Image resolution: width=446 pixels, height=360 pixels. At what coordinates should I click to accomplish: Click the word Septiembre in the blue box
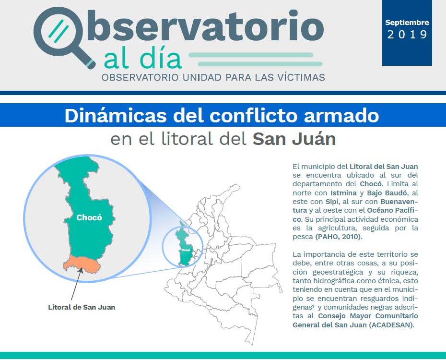click(407, 23)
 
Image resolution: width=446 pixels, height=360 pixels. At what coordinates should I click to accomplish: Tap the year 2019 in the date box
click(407, 35)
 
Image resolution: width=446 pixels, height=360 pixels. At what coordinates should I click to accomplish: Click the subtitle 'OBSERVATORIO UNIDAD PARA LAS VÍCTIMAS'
click(213, 77)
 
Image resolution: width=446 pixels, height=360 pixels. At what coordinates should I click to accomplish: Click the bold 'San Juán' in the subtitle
click(294, 139)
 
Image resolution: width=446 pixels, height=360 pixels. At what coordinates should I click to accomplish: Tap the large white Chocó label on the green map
click(89, 218)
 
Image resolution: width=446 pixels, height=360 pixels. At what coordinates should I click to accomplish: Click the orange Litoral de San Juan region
click(82, 264)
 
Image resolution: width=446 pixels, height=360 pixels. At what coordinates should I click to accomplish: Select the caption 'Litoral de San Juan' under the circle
click(82, 307)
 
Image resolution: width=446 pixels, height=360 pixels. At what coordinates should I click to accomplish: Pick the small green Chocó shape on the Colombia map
click(184, 245)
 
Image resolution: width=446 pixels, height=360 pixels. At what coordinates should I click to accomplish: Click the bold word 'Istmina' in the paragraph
click(343, 193)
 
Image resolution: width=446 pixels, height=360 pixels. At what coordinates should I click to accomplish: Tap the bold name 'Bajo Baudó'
click(387, 193)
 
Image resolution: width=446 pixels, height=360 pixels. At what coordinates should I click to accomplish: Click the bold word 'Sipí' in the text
click(332, 202)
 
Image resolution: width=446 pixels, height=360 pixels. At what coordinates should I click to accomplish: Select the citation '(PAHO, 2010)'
click(339, 237)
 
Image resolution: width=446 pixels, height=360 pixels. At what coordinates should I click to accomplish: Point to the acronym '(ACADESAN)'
click(392, 324)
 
